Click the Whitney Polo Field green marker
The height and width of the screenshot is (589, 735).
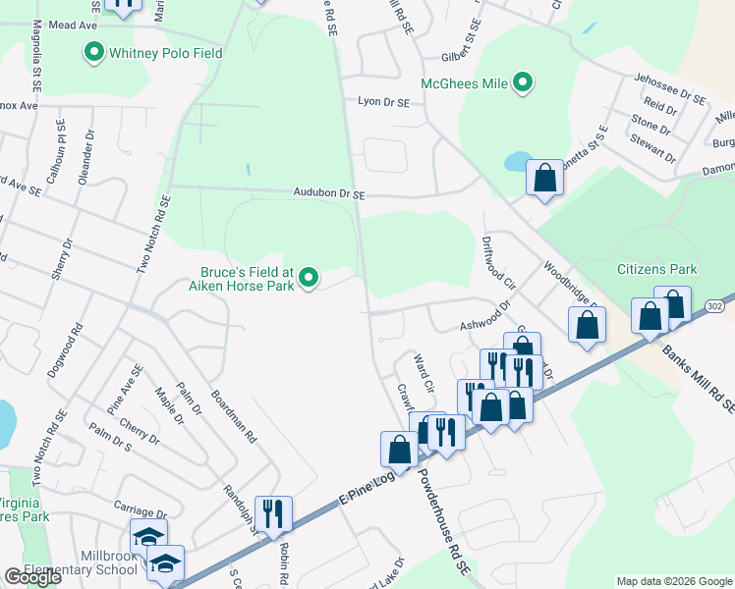[95, 52]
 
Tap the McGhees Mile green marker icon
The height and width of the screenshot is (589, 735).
[523, 83]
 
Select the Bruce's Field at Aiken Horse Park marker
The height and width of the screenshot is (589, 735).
[310, 279]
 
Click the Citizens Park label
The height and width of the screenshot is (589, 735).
[656, 268]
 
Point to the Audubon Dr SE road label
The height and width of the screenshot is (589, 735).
[328, 195]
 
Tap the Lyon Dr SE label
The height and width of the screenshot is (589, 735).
[383, 101]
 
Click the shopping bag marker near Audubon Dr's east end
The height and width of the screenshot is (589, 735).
[544, 179]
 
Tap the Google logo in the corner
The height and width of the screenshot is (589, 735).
[32, 577]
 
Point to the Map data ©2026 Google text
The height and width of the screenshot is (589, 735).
[673, 581]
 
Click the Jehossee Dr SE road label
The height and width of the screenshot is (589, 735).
[670, 94]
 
